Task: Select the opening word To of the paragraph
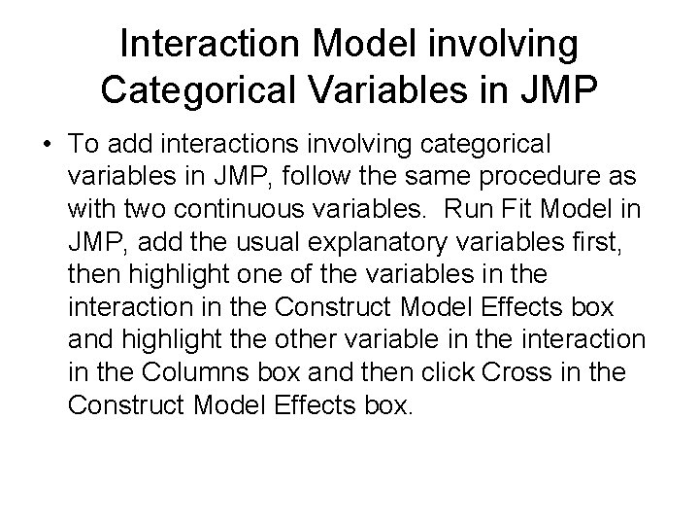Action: (84, 144)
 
